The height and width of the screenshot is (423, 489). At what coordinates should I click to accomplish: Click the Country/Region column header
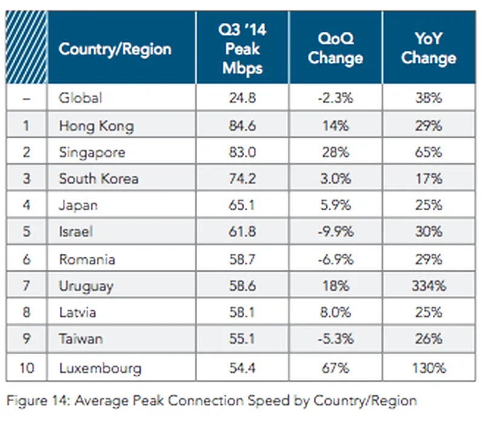coord(115,49)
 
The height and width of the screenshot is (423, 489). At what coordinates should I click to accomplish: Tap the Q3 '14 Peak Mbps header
coord(242,49)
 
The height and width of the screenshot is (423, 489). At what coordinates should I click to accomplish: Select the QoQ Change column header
coord(335,49)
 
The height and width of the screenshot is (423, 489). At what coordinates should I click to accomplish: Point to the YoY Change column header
coord(429,49)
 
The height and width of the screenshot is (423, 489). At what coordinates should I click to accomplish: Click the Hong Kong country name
coord(96,126)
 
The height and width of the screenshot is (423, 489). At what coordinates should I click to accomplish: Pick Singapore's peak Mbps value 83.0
coord(242,152)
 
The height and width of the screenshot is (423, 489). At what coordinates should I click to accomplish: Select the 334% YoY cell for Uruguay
coord(429,286)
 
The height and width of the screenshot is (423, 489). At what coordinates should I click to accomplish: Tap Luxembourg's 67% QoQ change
coord(335,367)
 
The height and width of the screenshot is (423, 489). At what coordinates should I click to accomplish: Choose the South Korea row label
coord(99,179)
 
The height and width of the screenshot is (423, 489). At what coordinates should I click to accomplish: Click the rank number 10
coord(26,367)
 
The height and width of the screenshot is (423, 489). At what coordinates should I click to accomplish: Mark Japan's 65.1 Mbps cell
coord(242,205)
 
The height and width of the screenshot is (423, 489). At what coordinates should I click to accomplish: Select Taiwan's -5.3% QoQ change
coord(335,339)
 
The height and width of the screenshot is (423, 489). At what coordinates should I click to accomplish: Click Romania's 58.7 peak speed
coord(242,259)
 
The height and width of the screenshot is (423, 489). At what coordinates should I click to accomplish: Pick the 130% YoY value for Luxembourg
coord(429,367)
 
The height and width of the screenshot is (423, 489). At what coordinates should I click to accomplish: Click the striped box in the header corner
coord(26,48)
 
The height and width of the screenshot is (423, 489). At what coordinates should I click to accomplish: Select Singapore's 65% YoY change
coord(429,152)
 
